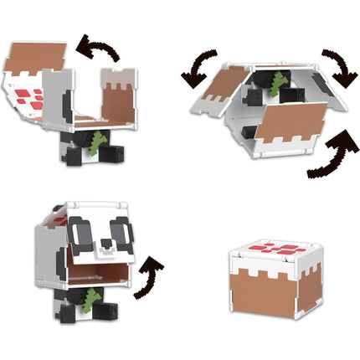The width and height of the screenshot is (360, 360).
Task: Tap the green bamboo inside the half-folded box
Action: coord(278,85)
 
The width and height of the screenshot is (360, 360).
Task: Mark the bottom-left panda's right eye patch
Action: coord(122,234)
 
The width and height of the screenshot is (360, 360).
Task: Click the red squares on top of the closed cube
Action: coord(276,249)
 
